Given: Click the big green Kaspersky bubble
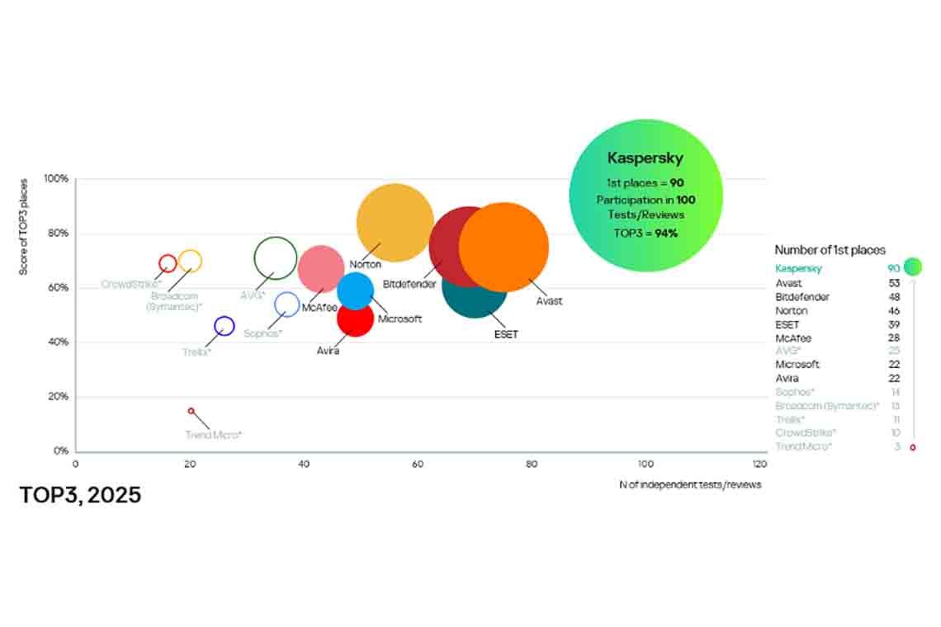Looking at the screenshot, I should tap(645, 196).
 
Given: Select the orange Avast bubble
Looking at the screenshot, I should tap(504, 247).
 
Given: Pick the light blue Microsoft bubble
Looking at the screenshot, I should tap(356, 290).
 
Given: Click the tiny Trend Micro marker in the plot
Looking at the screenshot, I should tap(192, 411).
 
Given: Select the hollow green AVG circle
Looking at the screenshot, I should tap(276, 258).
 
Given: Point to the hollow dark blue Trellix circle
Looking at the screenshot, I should tap(224, 326).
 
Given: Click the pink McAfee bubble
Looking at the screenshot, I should tap(320, 268).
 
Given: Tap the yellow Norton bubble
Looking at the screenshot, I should tap(395, 221).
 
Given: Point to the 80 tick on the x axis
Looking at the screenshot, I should tap(531, 464).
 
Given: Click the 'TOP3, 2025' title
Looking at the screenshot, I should tap(80, 495).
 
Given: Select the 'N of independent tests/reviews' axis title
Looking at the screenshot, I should tap(690, 484).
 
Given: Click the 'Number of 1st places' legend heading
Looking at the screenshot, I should tap(830, 250).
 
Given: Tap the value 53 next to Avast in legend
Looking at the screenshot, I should tap(893, 283).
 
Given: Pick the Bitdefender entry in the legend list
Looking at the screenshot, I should tap(802, 297).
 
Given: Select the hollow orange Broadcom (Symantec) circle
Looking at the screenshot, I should tap(190, 261).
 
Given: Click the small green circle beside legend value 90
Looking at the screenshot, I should tap(912, 266).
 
